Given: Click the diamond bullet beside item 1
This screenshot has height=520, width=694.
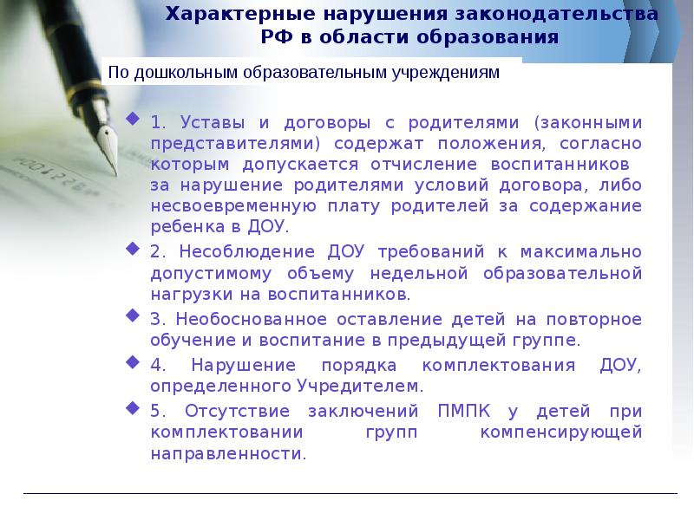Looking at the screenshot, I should pyautogui.click(x=132, y=118).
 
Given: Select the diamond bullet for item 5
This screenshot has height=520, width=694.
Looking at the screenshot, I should pyautogui.click(x=132, y=406).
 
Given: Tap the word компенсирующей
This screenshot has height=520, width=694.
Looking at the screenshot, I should pyautogui.click(x=561, y=432).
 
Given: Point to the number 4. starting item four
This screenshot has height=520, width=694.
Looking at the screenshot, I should pyautogui.click(x=155, y=364).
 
